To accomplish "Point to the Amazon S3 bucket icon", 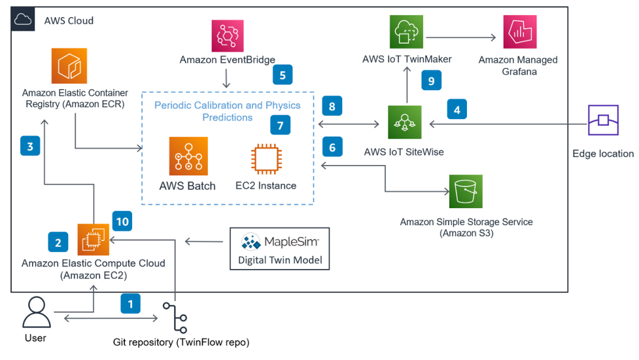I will coord(466,192).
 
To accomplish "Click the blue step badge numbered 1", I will coord(130,304).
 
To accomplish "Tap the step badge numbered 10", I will coord(122,221).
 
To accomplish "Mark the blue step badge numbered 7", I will coord(280,126).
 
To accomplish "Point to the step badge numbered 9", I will coord(431,81).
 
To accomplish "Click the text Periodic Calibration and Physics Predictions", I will coord(227,111).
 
